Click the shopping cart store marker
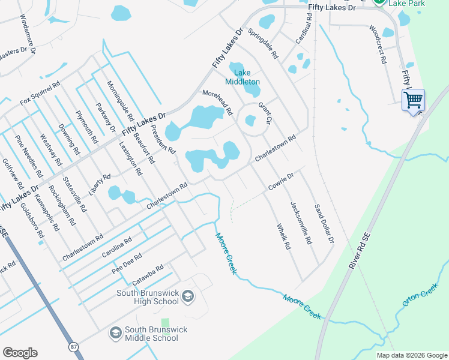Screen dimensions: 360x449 (413, 100)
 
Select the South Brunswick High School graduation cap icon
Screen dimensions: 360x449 (188, 296)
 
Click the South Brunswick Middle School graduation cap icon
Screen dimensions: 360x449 (115, 332)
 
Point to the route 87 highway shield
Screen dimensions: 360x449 (73, 347)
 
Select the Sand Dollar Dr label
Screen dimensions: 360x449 (324, 223)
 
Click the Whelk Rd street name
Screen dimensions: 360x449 (283, 236)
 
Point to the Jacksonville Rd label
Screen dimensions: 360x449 (301, 222)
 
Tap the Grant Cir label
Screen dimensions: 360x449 (265, 113)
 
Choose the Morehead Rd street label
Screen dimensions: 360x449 (217, 102)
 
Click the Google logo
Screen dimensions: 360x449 (20, 352)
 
